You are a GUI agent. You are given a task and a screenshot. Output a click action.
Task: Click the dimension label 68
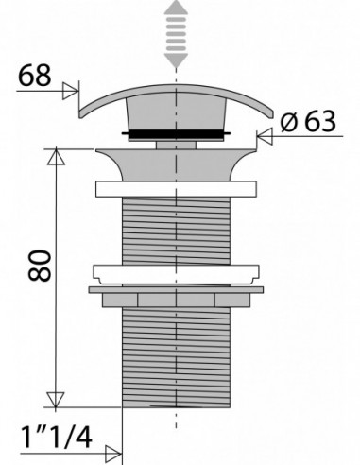[35, 76]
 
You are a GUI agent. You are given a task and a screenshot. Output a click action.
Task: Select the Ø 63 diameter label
[308, 122]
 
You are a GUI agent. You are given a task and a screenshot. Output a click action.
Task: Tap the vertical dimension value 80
[40, 266]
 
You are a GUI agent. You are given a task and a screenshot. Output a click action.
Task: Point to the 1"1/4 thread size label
[57, 437]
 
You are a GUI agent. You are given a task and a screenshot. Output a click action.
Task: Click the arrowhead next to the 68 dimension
[70, 91]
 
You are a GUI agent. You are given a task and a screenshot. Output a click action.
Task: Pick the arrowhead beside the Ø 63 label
[265, 137]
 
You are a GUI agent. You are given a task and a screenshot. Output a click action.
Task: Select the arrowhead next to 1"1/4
[113, 454]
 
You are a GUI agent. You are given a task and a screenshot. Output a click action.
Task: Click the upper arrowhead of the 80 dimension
[56, 157]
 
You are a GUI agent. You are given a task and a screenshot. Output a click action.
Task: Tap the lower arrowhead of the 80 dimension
[56, 400]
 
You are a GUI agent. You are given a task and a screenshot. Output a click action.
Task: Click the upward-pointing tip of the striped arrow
[176, 1]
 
